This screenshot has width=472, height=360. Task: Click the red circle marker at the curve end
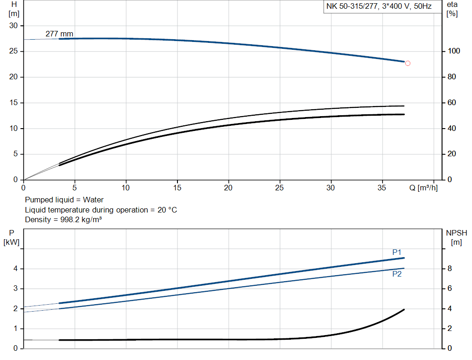click(407, 63)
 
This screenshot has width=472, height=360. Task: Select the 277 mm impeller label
click(59, 34)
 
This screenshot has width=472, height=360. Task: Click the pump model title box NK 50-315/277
click(379, 7)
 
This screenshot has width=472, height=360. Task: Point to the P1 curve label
click(397, 252)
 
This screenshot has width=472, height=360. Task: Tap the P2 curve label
click(397, 274)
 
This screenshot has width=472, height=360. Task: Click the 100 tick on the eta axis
click(451, 51)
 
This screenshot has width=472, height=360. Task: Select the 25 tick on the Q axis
click(279, 188)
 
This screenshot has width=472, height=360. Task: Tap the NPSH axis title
click(456, 233)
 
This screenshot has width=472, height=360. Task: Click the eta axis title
click(452, 4)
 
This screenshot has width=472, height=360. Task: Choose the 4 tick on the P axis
click(15, 269)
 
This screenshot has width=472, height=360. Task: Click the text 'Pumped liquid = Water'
click(64, 200)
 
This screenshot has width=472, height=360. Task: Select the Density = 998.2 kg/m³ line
click(63, 219)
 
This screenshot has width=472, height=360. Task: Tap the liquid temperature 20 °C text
click(101, 210)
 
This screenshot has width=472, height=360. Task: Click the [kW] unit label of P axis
click(12, 242)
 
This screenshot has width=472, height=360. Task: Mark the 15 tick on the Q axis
click(177, 188)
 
